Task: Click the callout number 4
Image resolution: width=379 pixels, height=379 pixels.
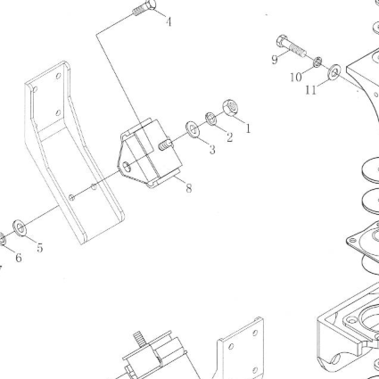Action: click(x=169, y=21)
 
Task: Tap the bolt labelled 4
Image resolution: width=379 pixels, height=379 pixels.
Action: click(x=144, y=8)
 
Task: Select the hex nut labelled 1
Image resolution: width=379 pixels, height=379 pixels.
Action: click(x=231, y=108)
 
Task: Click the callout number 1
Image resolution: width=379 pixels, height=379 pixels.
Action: click(x=248, y=128)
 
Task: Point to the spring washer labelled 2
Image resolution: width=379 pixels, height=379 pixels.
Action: click(x=211, y=119)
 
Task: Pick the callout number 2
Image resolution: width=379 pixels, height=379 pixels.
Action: click(x=229, y=137)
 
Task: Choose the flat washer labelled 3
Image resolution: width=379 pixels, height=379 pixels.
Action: click(x=193, y=129)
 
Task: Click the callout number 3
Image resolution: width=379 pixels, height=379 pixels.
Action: click(x=212, y=149)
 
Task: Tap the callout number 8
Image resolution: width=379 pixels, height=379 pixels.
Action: click(x=189, y=188)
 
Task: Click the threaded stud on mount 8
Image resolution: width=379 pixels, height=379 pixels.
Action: click(x=164, y=144)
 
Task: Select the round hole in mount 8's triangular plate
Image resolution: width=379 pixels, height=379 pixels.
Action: click(x=127, y=167)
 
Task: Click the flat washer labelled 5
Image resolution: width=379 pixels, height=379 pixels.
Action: click(x=20, y=228)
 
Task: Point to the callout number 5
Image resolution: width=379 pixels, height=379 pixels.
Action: click(x=40, y=247)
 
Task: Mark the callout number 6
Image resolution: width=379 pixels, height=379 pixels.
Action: click(x=19, y=258)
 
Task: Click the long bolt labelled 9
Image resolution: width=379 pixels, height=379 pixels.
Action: click(x=292, y=46)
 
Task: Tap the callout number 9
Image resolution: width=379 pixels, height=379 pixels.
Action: click(x=275, y=60)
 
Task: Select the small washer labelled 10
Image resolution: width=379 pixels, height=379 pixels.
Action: click(x=317, y=62)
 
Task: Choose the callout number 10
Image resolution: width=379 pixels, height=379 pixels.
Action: click(x=296, y=78)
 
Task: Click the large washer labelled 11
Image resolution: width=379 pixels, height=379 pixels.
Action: click(x=334, y=72)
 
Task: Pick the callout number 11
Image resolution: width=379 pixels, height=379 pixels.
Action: click(x=311, y=90)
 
